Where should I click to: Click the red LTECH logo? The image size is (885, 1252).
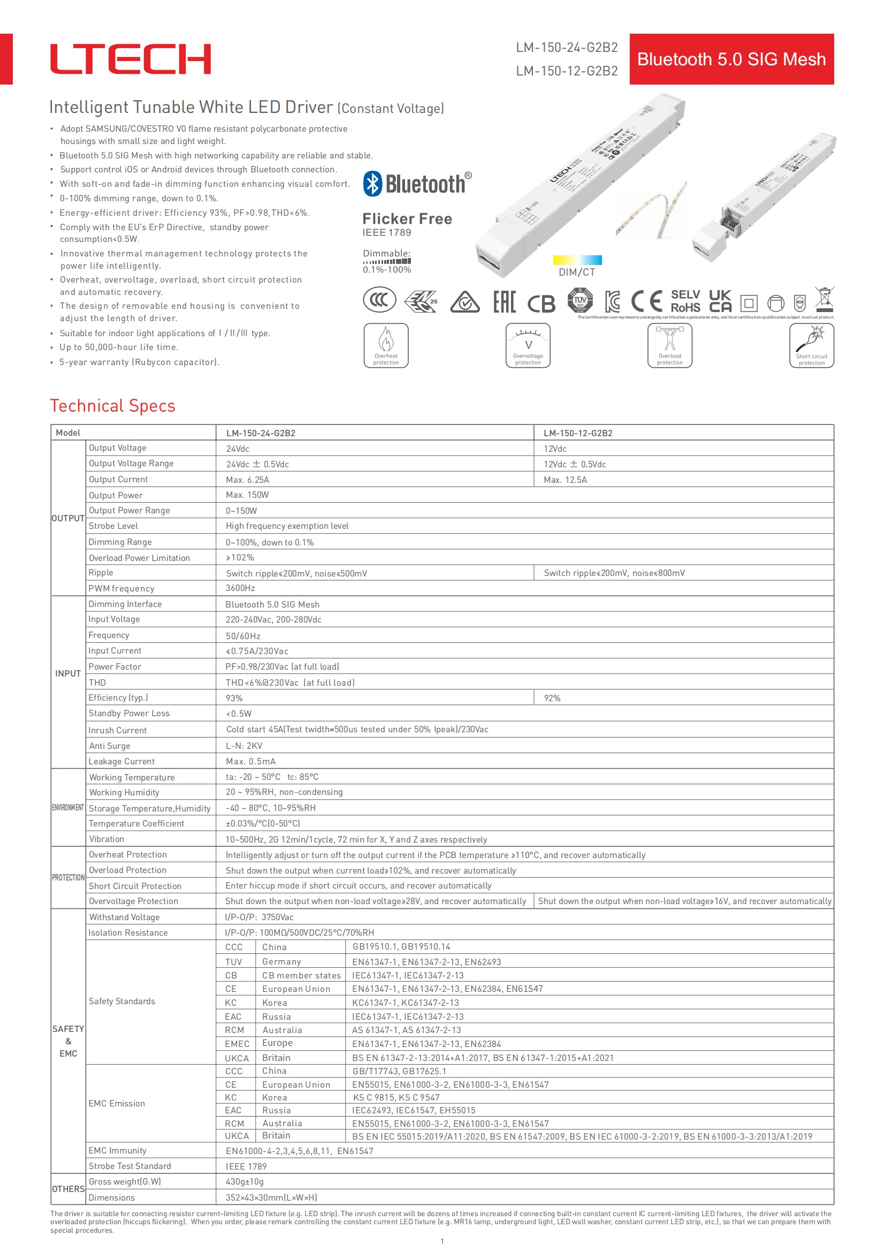tap(130, 59)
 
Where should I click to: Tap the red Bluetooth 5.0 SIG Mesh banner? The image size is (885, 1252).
tap(731, 59)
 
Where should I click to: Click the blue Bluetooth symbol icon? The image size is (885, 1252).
tap(373, 183)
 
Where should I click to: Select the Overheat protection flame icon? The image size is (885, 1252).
tap(386, 345)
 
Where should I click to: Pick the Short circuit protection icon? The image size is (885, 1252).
tap(812, 345)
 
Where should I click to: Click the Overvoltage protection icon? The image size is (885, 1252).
tap(528, 345)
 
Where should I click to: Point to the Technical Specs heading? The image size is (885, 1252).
tap(113, 406)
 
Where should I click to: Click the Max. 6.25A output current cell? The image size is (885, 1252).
tap(247, 480)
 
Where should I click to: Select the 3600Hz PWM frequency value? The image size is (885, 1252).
tap(240, 588)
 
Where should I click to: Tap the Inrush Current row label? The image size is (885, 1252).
tap(118, 730)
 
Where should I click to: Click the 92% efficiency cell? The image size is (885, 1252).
tap(552, 698)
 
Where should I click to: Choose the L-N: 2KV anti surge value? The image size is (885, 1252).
tap(244, 746)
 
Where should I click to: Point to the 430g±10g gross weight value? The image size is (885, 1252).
tap(245, 1181)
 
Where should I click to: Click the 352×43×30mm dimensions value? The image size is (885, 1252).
tap(271, 1197)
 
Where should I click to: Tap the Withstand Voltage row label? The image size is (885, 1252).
tap(125, 917)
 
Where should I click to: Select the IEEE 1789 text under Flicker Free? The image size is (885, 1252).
tap(387, 232)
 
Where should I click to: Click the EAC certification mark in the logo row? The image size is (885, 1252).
tap(504, 301)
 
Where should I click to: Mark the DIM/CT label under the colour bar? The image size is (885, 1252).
tap(577, 272)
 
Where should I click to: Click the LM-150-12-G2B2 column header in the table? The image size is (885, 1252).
tap(578, 433)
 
